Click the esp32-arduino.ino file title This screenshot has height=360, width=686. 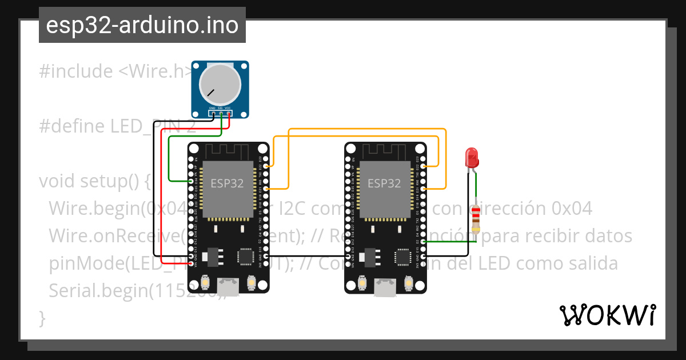pos(142,26)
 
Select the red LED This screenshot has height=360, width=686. pos(472,158)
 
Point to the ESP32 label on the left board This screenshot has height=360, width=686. pos(227,183)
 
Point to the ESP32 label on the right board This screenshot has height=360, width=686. pos(384,183)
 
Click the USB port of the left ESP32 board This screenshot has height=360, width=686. pos(229,286)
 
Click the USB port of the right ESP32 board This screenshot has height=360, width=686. pos(385,286)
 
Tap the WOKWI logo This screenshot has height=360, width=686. pos(607,315)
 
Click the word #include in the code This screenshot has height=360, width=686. pos(76,71)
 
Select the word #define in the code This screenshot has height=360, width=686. pos(72,126)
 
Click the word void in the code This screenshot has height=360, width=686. pos(57,181)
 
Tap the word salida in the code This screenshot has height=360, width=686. pos(589,263)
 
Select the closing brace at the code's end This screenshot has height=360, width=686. pos(42,318)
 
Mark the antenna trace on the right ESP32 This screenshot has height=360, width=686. pos(385,151)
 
